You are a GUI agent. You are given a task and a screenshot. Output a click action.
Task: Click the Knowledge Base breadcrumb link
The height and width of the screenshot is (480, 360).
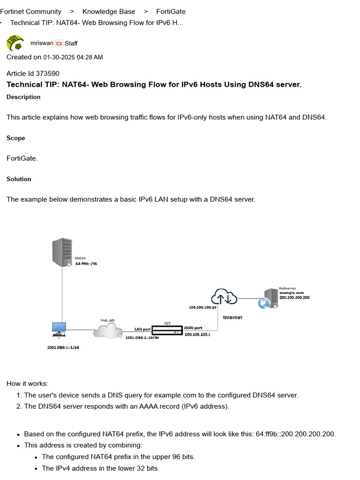pyautogui.click(x=108, y=11)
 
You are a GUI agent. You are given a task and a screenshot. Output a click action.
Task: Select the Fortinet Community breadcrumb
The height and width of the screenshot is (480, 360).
pyautogui.click(x=30, y=11)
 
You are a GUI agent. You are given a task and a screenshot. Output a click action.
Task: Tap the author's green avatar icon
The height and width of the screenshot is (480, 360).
pyautogui.click(x=15, y=43)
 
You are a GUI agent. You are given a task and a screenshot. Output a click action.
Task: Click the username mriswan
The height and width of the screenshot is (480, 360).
pyautogui.click(x=42, y=43)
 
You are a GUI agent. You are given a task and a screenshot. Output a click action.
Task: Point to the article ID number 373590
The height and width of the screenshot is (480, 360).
pyautogui.click(x=47, y=73)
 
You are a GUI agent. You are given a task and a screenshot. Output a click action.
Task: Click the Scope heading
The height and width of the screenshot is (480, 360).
pyautogui.click(x=15, y=138)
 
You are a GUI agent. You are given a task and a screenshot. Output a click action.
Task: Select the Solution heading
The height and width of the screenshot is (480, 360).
pyautogui.click(x=19, y=179)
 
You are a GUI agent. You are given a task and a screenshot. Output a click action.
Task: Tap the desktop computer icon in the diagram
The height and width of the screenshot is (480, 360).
pyautogui.click(x=59, y=330)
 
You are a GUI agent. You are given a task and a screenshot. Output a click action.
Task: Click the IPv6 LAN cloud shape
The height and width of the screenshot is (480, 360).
pyautogui.click(x=107, y=330)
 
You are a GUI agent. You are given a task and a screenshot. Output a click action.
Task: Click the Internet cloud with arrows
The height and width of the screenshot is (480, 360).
pyautogui.click(x=224, y=297)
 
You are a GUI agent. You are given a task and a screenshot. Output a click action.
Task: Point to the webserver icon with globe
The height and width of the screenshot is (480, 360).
pyautogui.click(x=269, y=299)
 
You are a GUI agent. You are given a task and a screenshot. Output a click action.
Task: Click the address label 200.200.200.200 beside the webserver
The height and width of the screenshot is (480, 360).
pyautogui.click(x=294, y=297)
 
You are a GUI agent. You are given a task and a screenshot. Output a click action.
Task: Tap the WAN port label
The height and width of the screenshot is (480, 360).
pyautogui.click(x=194, y=328)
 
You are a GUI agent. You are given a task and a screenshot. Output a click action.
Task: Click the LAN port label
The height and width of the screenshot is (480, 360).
pyautogui.click(x=142, y=329)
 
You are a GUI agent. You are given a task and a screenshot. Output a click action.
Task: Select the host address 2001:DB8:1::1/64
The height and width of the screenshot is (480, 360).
pyautogui.click(x=63, y=347)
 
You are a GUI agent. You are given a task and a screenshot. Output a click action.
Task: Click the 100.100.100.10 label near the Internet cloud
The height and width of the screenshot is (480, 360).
pyautogui.click(x=202, y=307)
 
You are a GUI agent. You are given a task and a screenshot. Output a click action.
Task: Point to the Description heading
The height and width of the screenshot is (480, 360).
pyautogui.click(x=23, y=97)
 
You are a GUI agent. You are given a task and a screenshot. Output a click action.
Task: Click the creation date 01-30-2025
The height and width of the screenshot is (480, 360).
pyautogui.click(x=59, y=57)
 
